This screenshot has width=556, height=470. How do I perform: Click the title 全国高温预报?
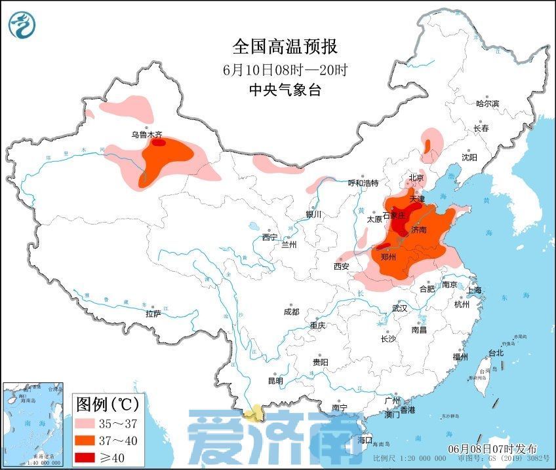(x=285, y=47)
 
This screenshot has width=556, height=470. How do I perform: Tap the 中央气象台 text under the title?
(x=285, y=91)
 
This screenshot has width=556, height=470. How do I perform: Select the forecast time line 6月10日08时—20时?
(x=285, y=69)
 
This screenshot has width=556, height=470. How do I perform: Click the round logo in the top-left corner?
(x=22, y=26)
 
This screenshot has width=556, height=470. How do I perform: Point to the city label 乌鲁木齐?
(x=146, y=135)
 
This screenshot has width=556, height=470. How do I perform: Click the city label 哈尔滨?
(x=487, y=103)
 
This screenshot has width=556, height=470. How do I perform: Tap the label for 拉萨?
(x=153, y=314)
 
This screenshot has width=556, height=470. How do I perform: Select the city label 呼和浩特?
(x=363, y=183)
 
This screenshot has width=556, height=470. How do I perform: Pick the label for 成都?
(x=292, y=312)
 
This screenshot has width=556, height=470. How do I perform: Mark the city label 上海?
(x=475, y=290)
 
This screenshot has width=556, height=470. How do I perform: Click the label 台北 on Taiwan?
(x=495, y=353)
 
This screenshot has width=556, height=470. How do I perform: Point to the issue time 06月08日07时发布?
(x=492, y=449)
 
